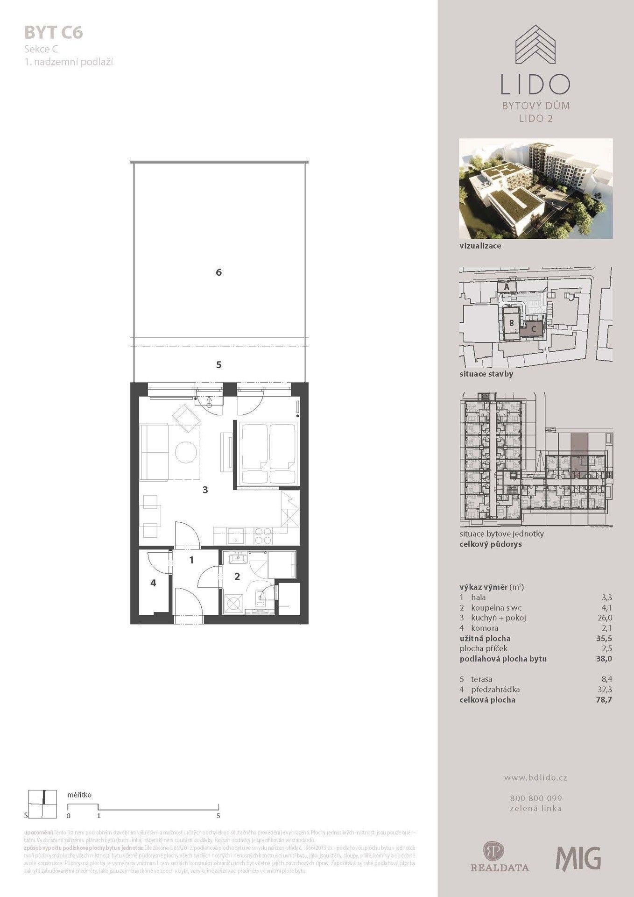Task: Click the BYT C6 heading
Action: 53,33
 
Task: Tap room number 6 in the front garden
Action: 218,272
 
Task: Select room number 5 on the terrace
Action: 218,365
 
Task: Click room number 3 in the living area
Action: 205,490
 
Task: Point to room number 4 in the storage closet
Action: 153,583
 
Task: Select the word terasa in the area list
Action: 481,679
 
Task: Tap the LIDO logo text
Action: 535,84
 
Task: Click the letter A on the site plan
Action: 506,287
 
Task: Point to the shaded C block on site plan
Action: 533,328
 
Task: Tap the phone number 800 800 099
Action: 535,798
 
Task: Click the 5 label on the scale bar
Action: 218,816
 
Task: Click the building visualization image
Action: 535,189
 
